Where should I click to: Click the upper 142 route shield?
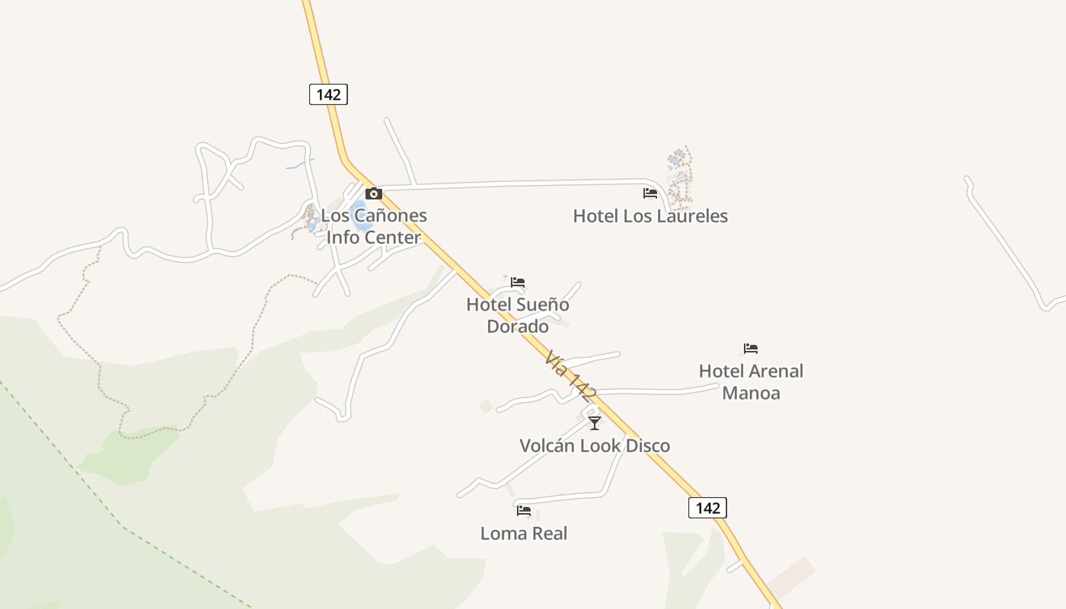[x=328, y=94]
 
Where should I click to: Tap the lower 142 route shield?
[x=707, y=508]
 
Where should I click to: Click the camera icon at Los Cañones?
[x=373, y=193]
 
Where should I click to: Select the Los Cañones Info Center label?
[x=374, y=226]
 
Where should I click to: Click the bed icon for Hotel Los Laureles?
[x=649, y=193]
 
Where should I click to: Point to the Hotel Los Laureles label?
[x=650, y=216]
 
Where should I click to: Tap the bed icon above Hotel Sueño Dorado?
[x=518, y=282]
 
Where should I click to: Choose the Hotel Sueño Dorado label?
[x=518, y=315]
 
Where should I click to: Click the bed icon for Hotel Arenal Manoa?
[x=751, y=349]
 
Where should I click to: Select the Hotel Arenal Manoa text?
[x=751, y=382]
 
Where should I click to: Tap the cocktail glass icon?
[x=595, y=423]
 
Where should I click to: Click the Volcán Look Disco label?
[x=595, y=445]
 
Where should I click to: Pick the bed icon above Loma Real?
[x=524, y=511]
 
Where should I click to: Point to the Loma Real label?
[x=524, y=534]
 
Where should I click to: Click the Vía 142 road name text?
[x=570, y=375]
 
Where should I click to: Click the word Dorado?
[x=518, y=327]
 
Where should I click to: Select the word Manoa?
[x=751, y=394]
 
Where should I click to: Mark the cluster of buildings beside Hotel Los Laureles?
[x=679, y=177]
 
